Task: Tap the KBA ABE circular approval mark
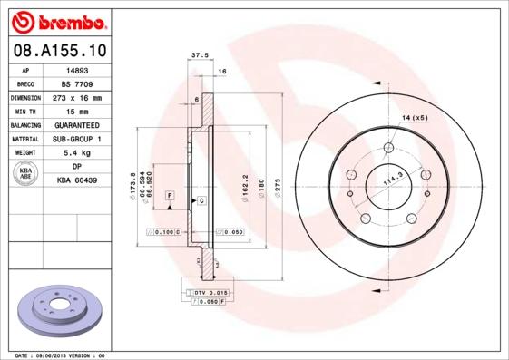tap(26, 174)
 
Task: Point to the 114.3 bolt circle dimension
tap(393, 179)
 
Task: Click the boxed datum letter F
tap(170, 196)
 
